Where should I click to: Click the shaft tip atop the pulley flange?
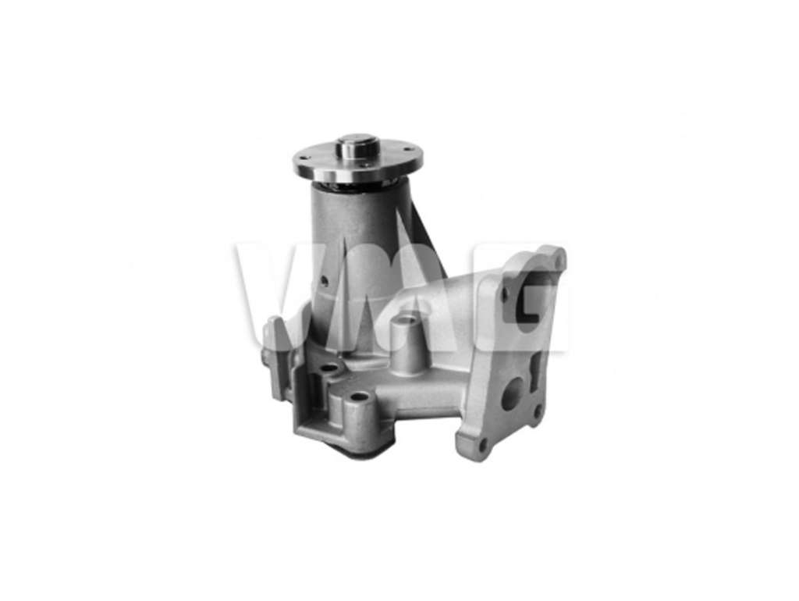pyautogui.click(x=357, y=144)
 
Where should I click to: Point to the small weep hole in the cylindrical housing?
pyautogui.click(x=324, y=281)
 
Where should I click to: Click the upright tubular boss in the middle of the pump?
pyautogui.click(x=403, y=343)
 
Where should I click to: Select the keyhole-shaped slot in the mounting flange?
pyautogui.click(x=534, y=372)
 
